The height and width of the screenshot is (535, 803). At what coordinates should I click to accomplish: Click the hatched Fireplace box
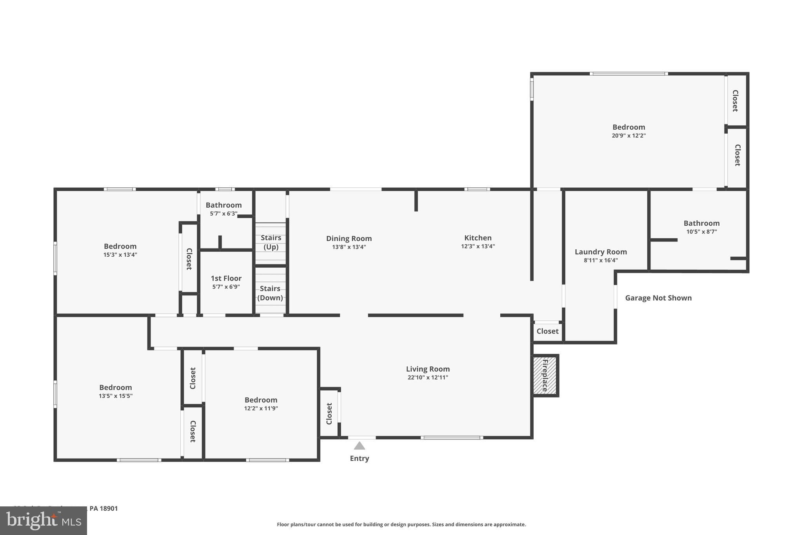545,375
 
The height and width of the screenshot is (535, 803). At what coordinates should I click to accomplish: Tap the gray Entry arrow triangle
359,446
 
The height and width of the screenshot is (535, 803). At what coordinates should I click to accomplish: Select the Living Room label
428,369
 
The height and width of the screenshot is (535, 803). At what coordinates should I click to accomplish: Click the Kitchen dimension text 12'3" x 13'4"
478,247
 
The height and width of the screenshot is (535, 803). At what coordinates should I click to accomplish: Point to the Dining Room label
349,238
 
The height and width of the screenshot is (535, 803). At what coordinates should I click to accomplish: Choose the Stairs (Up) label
271,242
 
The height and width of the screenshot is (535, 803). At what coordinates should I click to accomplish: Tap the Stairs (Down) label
270,293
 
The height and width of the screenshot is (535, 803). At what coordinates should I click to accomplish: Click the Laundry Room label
601,252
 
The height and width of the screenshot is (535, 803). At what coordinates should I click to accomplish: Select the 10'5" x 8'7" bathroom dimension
701,232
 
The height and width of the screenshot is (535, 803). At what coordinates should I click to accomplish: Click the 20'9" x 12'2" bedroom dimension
629,136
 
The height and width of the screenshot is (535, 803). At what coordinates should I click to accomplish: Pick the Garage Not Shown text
658,298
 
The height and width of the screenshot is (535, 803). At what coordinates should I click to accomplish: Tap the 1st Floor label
226,278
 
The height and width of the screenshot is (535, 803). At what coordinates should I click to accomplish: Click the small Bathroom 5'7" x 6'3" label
223,205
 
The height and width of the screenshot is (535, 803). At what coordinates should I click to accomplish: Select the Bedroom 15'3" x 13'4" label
120,246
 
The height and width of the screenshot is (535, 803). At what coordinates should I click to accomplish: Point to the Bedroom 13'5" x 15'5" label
115,387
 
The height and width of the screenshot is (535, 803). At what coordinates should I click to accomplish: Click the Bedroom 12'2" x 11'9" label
261,400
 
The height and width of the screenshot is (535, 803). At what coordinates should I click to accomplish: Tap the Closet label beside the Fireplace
547,331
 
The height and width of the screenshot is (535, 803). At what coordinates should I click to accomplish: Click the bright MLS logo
44,520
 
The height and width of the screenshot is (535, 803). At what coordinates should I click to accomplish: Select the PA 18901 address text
104,508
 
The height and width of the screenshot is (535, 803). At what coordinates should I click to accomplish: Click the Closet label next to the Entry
329,413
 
